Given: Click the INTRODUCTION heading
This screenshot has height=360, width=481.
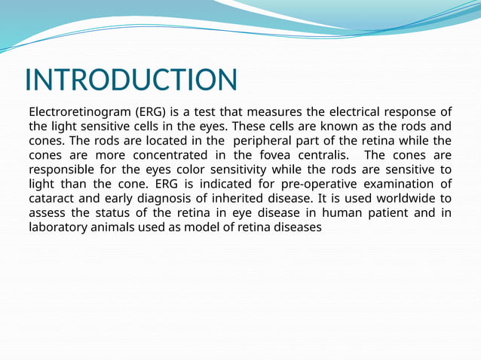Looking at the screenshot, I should pos(131,80).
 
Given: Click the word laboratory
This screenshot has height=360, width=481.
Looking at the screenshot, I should pos(59,227).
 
